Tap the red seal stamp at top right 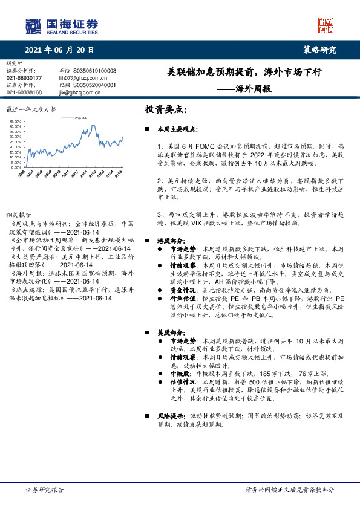(326, 25)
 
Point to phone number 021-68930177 (24, 78)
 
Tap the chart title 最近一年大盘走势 (31, 110)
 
